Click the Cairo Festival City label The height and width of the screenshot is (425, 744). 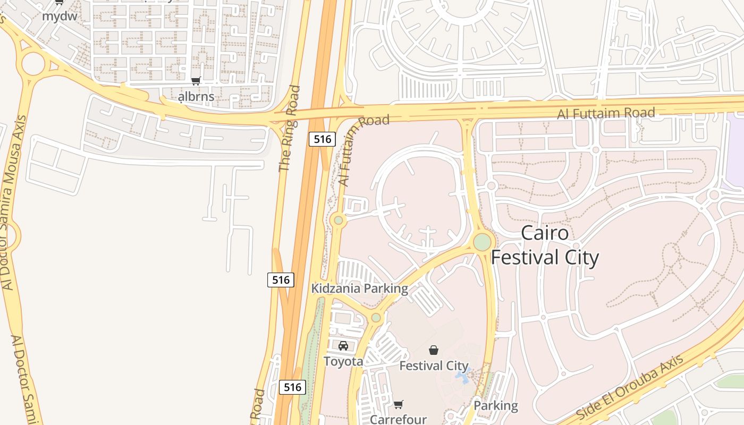(545, 245)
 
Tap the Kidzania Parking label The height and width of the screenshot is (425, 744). (360, 288)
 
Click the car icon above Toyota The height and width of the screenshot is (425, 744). (343, 346)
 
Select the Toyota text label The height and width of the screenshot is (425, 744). (343, 362)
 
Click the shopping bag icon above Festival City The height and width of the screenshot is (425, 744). (434, 350)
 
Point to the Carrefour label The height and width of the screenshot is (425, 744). (398, 419)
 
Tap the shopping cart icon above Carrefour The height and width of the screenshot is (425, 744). (399, 404)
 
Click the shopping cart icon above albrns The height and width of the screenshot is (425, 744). (196, 81)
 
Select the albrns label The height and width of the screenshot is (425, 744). (196, 96)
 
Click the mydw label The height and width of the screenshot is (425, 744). (60, 16)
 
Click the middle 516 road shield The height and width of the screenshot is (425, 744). (281, 280)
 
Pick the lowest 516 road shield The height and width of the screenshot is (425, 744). (293, 387)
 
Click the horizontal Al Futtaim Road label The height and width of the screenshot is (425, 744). (606, 113)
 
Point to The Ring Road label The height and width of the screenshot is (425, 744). (289, 129)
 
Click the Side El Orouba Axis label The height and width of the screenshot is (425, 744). (630, 387)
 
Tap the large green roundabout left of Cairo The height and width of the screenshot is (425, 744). (482, 242)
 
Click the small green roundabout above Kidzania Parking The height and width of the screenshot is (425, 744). (338, 220)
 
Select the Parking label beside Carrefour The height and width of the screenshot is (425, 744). (495, 405)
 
